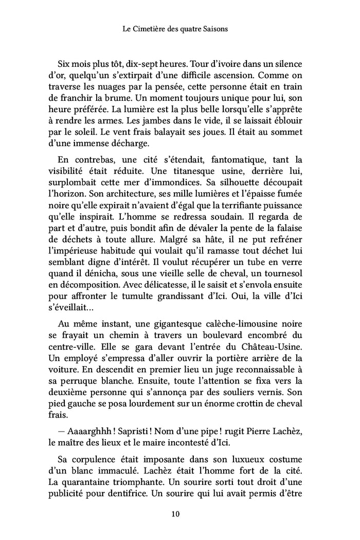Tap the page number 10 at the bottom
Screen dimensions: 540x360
pos(180,513)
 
